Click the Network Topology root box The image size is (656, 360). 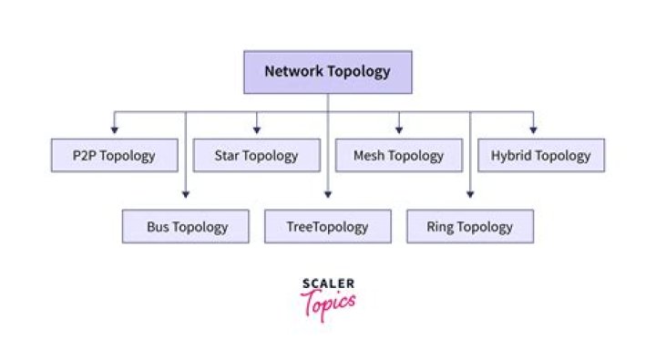[327, 72]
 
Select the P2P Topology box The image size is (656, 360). [114, 156]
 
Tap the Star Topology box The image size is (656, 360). [256, 156]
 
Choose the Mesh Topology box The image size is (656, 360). [399, 156]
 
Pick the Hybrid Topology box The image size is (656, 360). [541, 156]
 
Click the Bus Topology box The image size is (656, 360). [186, 227]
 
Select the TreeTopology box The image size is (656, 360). [328, 227]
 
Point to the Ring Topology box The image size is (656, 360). [470, 227]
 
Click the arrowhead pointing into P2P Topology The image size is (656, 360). [114, 130]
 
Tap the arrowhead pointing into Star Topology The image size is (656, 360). [256, 130]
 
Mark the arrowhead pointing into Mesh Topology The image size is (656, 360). [399, 130]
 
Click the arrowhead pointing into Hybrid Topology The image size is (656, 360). [533, 130]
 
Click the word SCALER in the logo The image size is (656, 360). [328, 284]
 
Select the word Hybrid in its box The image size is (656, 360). [511, 156]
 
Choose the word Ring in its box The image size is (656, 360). [443, 227]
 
